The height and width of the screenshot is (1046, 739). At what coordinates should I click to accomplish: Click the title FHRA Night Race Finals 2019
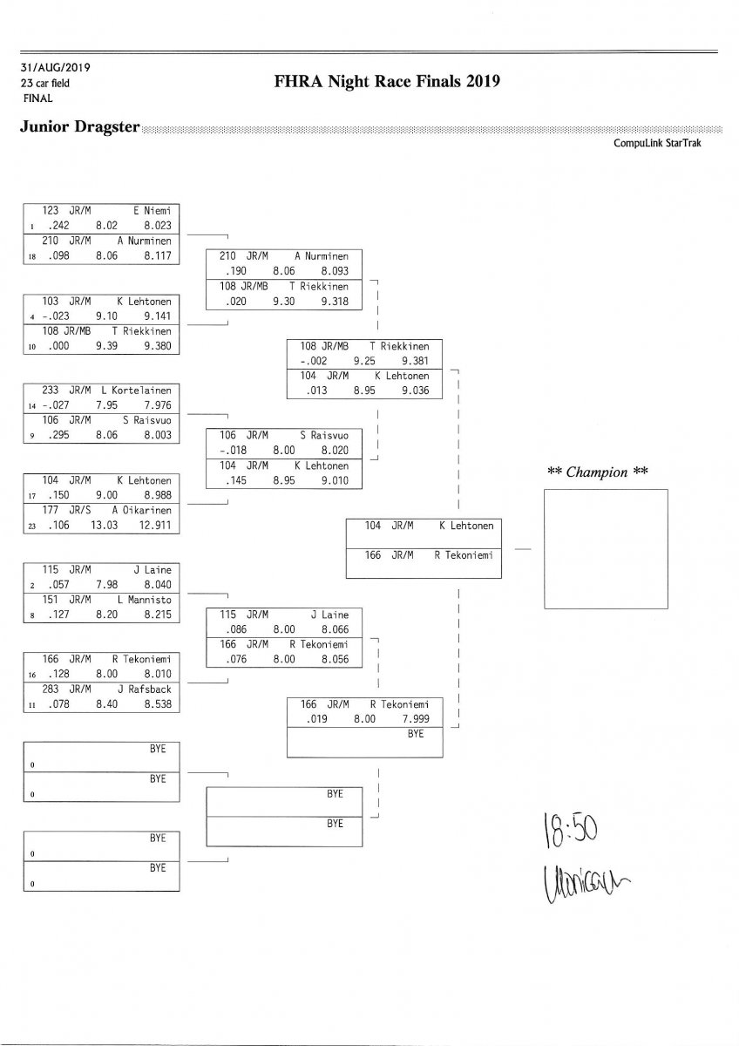387,82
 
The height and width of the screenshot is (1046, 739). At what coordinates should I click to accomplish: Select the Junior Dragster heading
79,127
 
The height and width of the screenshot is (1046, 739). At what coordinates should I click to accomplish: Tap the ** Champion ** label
598,472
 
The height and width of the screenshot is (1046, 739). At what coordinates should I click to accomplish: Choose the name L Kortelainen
135,391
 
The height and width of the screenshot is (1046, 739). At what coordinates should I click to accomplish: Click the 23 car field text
45,83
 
